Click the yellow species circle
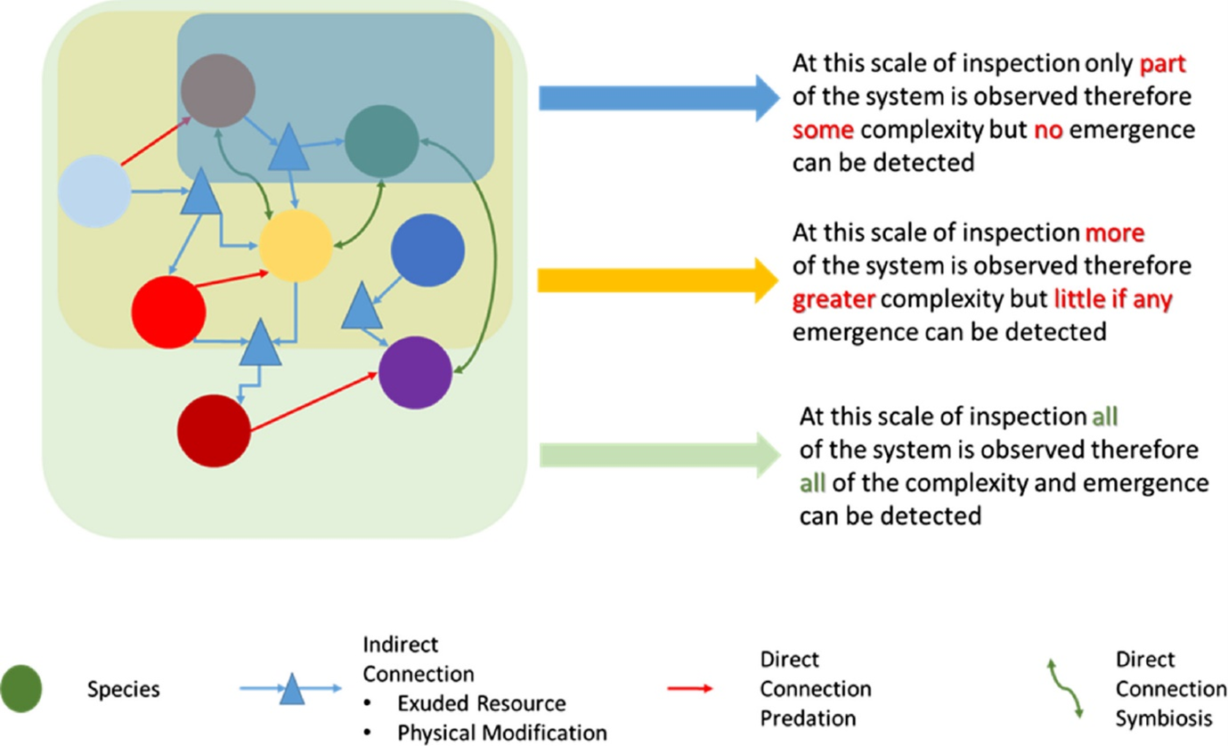[x=296, y=247]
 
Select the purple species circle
[x=416, y=375]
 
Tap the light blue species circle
[x=94, y=191]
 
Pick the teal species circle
[x=381, y=141]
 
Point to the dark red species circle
[x=214, y=430]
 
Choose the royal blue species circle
[x=428, y=252]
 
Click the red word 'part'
[x=1163, y=66]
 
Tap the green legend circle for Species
[x=21, y=688]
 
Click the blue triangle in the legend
[x=291, y=689]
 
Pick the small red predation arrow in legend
[x=690, y=688]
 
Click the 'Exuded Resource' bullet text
[x=482, y=703]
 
